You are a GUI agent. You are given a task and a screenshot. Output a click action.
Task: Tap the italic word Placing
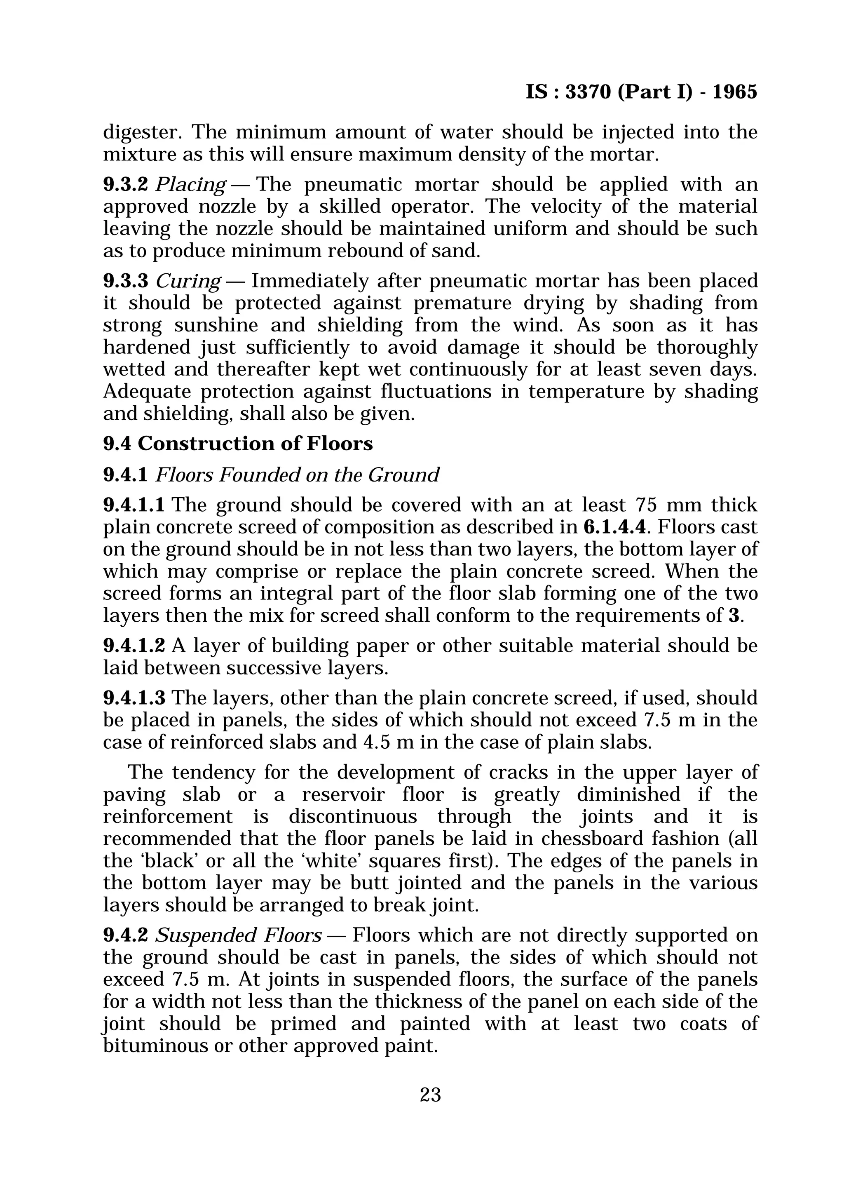pos(190,184)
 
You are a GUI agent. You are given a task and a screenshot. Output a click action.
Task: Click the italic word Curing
pos(188,281)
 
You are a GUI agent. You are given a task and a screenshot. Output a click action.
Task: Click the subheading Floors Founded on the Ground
pos(297,475)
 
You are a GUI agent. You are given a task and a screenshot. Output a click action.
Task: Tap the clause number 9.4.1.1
pos(134,504)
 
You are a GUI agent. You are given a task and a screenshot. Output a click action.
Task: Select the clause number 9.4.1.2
pos(134,645)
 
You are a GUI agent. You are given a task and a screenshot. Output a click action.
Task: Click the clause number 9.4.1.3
pos(134,698)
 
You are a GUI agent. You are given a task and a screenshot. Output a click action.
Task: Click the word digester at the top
pos(142,132)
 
